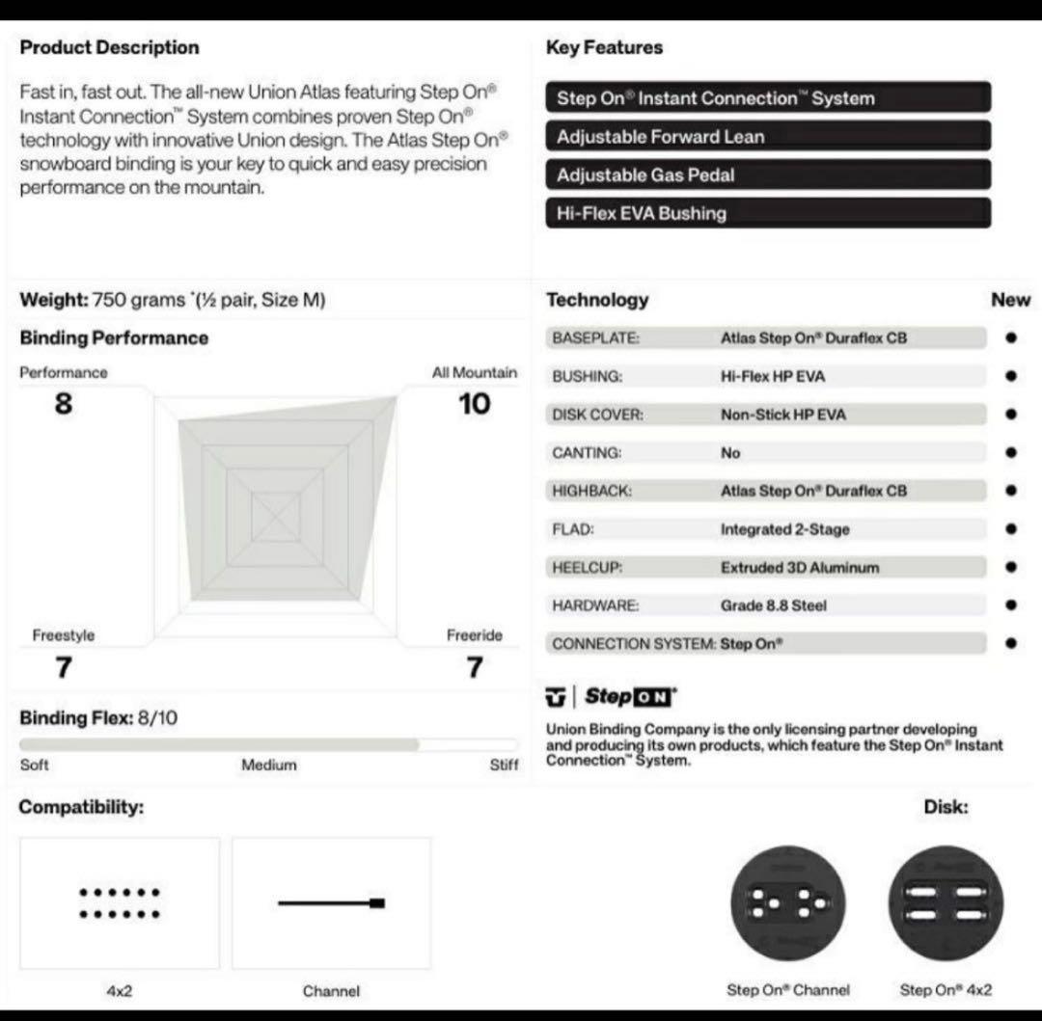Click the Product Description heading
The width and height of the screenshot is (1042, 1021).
[109, 47]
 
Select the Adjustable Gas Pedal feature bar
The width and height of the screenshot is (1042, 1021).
[767, 175]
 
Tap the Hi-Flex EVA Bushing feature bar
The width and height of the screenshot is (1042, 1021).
[767, 213]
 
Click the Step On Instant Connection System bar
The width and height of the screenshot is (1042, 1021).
[767, 97]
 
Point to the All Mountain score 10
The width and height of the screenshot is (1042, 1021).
[474, 404]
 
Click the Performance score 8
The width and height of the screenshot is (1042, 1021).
[64, 404]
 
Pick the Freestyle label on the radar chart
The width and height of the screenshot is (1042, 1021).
[64, 635]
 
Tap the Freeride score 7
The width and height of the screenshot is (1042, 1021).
[474, 666]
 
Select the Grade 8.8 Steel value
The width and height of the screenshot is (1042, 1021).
[774, 605]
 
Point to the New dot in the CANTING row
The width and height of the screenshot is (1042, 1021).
[1010, 452]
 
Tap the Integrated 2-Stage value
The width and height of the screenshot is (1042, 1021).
[785, 529]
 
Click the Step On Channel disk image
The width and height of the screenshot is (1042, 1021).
[788, 903]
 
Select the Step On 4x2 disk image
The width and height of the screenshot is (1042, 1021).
[946, 903]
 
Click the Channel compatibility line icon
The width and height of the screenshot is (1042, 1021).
[331, 903]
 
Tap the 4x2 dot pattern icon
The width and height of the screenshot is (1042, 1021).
[119, 903]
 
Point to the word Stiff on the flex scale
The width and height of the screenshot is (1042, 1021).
[504, 765]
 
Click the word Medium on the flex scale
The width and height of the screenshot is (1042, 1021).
[269, 765]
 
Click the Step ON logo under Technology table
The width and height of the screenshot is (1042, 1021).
[613, 697]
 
